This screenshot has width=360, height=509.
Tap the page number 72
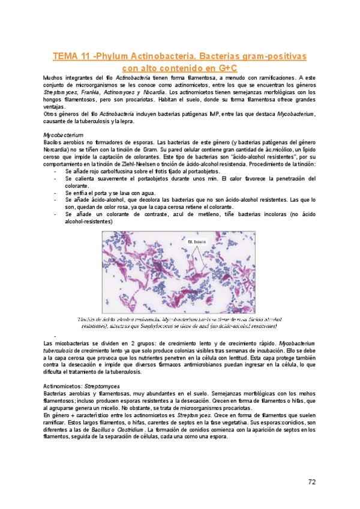[x=312, y=482]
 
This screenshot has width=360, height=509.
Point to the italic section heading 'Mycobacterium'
[x=63, y=136]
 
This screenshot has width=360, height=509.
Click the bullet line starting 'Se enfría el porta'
[x=105, y=193]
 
